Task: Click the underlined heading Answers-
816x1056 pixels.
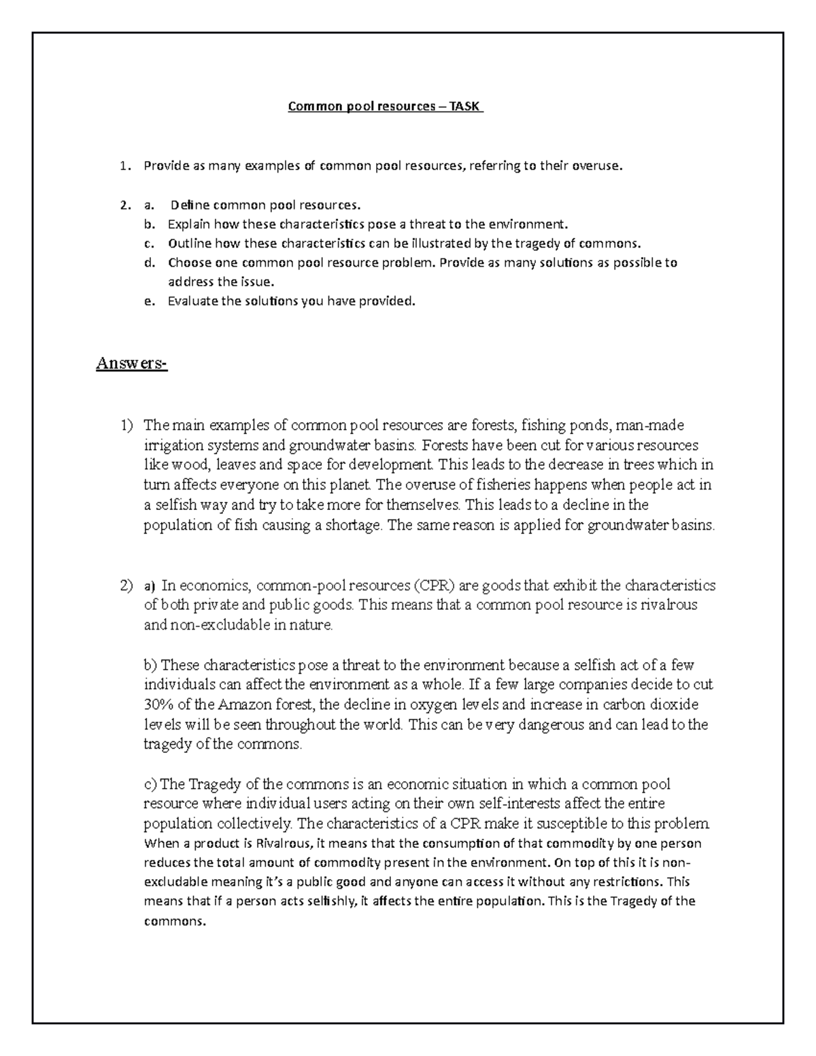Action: (x=131, y=364)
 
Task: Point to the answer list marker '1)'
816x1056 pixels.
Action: (x=127, y=426)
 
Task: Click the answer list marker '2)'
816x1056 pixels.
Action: (x=127, y=585)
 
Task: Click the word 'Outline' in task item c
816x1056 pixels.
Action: (x=190, y=243)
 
